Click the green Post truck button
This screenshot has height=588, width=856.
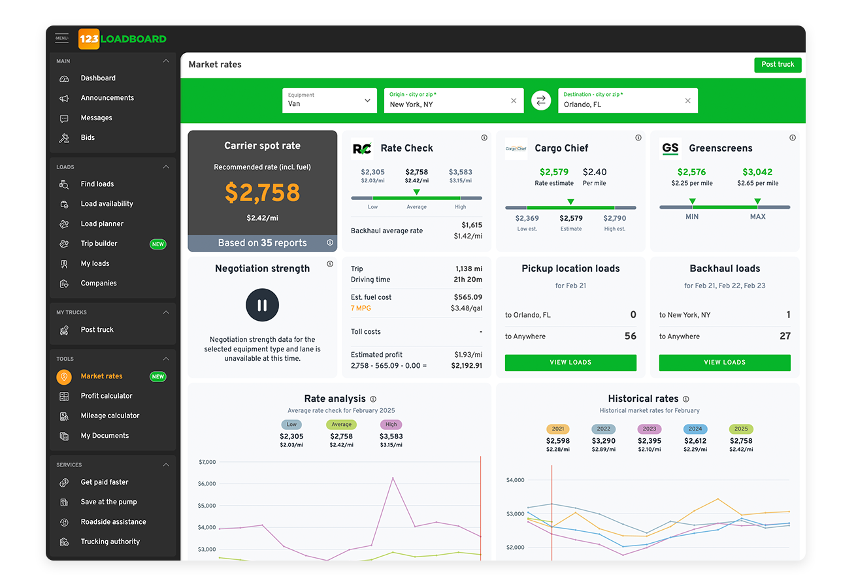(x=777, y=65)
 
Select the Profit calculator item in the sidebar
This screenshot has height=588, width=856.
(x=107, y=396)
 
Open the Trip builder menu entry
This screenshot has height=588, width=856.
(x=99, y=244)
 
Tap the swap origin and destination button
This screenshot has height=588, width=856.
(x=540, y=101)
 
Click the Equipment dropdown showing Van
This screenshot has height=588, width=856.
(x=329, y=101)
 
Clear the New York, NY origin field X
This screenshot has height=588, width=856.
(x=514, y=101)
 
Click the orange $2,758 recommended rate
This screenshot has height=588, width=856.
(x=262, y=193)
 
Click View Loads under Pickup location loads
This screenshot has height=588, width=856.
(x=570, y=363)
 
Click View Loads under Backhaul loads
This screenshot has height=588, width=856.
(x=724, y=363)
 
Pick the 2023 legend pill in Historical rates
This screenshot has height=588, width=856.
(x=650, y=429)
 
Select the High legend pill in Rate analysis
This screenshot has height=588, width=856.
(x=391, y=425)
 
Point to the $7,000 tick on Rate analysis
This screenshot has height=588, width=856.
(x=206, y=462)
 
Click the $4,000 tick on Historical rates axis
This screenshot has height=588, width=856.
(x=515, y=480)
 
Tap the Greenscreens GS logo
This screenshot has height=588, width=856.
(x=670, y=148)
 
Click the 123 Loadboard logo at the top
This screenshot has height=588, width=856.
(x=122, y=39)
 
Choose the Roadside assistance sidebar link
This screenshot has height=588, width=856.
(x=113, y=522)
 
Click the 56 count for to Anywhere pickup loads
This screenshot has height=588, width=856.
(x=630, y=336)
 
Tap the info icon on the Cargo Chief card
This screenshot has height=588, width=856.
(x=638, y=138)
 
